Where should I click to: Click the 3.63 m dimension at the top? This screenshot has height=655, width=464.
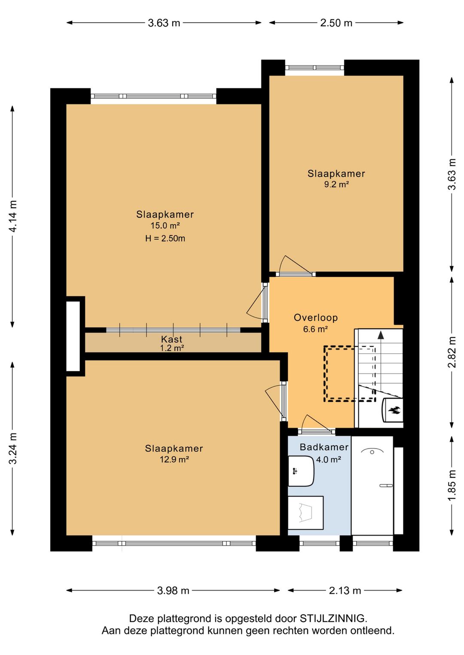(x=164, y=23)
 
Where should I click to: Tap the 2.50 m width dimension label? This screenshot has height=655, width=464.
(x=336, y=23)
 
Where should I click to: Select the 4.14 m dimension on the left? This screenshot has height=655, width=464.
(x=13, y=216)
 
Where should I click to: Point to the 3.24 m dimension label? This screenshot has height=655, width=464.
(x=13, y=448)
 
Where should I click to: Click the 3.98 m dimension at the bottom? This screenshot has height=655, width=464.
(x=173, y=591)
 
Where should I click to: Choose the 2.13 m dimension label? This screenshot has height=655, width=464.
(x=345, y=591)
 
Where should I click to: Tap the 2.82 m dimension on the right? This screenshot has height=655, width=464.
(x=452, y=352)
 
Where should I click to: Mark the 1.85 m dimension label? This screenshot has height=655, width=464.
(x=452, y=485)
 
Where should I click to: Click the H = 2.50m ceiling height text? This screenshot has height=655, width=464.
(x=165, y=239)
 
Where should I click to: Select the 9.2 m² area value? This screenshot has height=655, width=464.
(x=336, y=185)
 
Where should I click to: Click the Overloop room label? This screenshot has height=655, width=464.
(x=316, y=318)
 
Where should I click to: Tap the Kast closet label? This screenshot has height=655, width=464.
(x=172, y=339)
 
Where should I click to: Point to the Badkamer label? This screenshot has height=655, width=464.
(x=324, y=447)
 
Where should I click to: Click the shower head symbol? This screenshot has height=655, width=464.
(x=372, y=452)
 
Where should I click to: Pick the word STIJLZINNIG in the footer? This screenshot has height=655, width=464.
(x=333, y=619)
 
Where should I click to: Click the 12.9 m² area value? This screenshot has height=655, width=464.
(x=174, y=460)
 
